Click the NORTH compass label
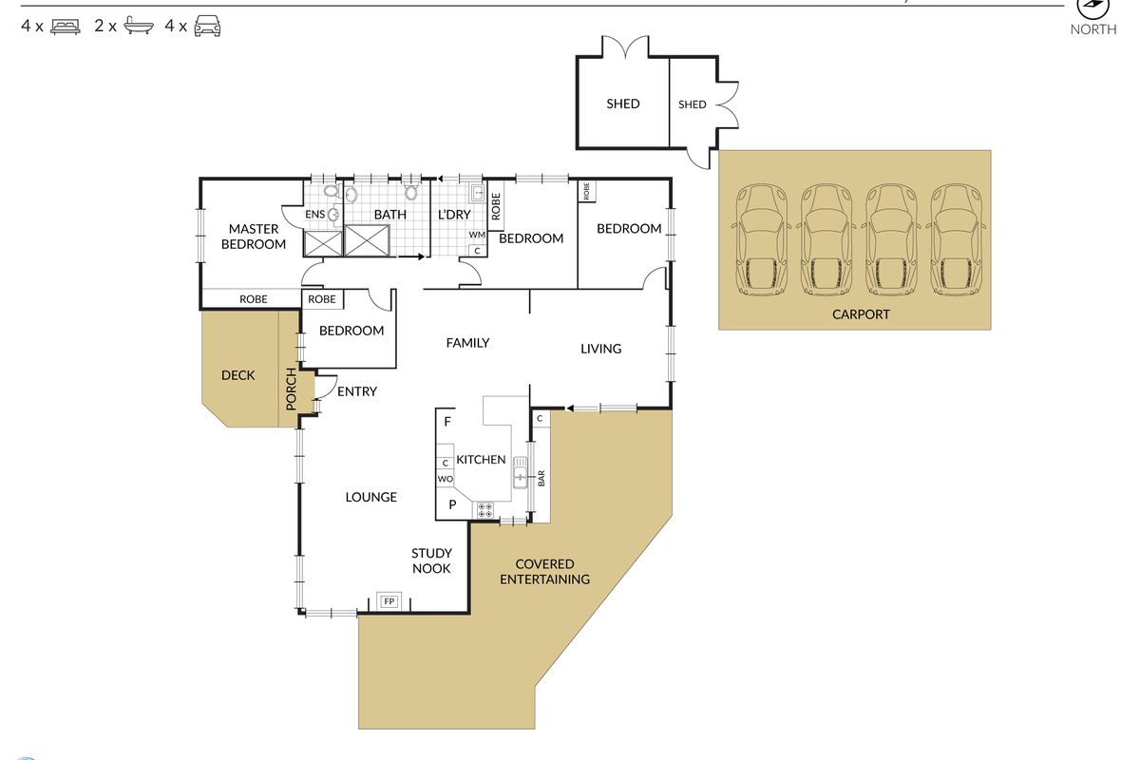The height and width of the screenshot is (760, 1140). [x=1093, y=29]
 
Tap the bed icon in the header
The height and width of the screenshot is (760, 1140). [x=66, y=26]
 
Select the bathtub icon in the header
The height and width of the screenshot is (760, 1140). [x=139, y=25]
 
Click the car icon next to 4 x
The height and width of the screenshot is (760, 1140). [x=208, y=26]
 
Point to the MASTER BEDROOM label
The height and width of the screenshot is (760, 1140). [x=254, y=237]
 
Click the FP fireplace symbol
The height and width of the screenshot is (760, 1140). [x=389, y=601]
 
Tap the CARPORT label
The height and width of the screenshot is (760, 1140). [x=861, y=314]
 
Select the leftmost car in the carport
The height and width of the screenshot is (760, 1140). [x=761, y=239]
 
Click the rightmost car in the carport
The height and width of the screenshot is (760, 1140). [x=956, y=239]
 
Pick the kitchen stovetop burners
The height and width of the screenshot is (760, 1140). [x=485, y=510]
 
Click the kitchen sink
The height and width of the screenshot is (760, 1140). [x=521, y=472]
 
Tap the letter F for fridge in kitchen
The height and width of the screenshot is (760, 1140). [x=447, y=422]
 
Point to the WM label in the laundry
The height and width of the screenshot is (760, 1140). [x=477, y=235]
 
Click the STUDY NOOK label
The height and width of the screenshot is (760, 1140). [x=431, y=560]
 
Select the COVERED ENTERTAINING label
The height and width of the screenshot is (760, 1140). [x=545, y=572]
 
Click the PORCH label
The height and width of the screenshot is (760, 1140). [x=291, y=389]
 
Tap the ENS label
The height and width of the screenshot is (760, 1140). [x=314, y=215]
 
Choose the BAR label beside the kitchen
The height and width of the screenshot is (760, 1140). [x=541, y=478]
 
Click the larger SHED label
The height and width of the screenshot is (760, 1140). [x=623, y=104]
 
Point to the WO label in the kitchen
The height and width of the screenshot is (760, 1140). [x=445, y=479]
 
